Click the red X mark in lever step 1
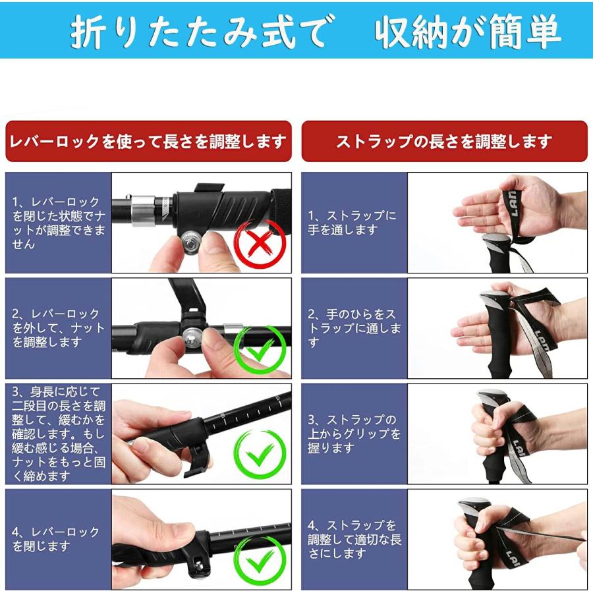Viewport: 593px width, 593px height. [260, 242]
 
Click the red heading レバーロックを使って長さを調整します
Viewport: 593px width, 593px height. [148, 142]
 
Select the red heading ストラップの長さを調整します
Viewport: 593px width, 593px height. [444, 142]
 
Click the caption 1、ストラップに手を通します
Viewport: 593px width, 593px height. [352, 223]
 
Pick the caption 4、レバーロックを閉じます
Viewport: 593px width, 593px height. [55, 539]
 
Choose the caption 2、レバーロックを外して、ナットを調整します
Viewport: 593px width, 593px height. [58, 327]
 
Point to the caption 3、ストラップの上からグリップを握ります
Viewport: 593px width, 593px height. [354, 434]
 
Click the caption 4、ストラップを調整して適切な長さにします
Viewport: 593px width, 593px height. [354, 539]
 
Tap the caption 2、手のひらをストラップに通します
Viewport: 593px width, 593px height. [354, 327]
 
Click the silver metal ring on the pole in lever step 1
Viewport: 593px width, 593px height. [143, 210]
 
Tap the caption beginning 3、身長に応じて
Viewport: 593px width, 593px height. [59, 434]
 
